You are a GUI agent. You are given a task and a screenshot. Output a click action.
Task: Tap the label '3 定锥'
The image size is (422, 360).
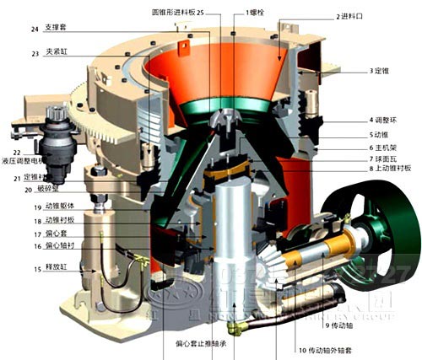(385, 70)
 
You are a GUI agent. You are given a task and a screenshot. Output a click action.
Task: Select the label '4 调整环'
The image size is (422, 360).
(387, 120)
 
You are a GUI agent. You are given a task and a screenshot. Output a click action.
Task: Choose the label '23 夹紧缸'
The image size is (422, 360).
(47, 54)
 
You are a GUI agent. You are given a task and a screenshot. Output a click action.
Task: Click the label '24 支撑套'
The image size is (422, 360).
(46, 29)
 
